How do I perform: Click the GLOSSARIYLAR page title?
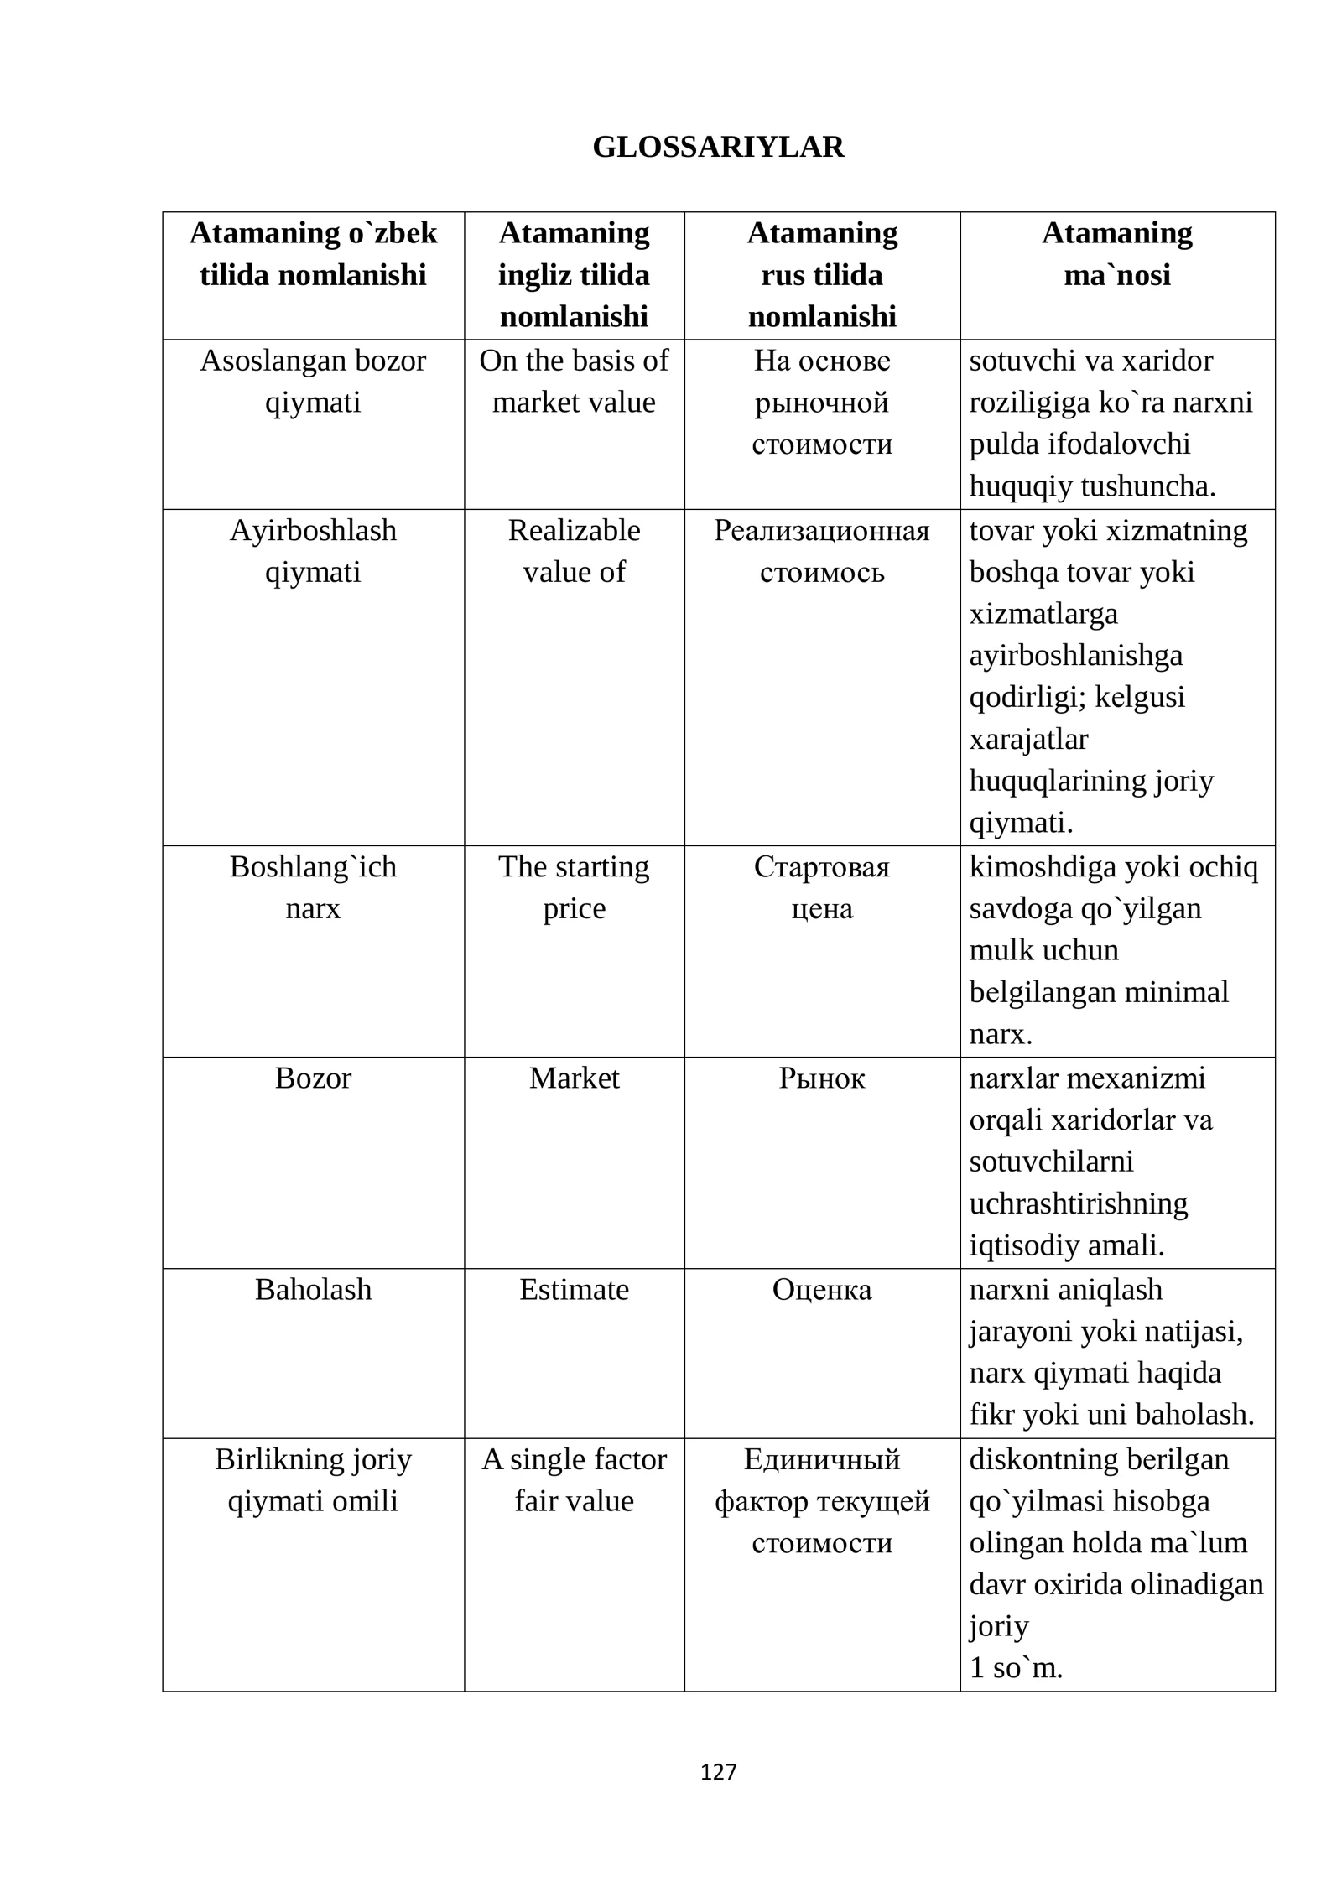(718, 147)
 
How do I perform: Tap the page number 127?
(718, 1771)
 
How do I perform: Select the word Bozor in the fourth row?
(313, 1078)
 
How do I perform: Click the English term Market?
(574, 1078)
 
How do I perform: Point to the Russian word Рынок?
(821, 1078)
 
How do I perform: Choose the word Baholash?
(313, 1289)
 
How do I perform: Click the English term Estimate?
(574, 1289)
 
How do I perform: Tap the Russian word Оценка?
(821, 1289)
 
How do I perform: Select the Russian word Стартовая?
(821, 866)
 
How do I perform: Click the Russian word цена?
(821, 908)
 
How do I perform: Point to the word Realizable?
(574, 530)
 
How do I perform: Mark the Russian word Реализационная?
(821, 530)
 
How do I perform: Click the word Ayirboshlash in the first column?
(313, 530)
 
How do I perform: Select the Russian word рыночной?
(821, 403)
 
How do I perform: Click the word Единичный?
(821, 1459)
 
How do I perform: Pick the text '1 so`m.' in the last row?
(1015, 1668)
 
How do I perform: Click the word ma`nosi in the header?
(1116, 275)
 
